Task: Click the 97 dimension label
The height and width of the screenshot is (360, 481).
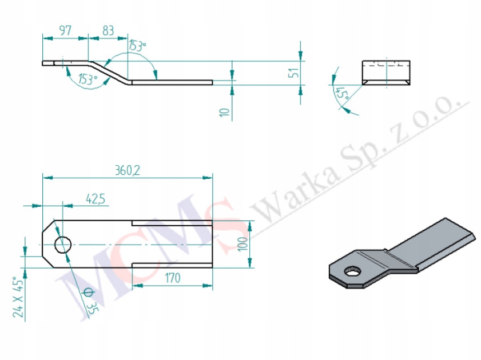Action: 65,30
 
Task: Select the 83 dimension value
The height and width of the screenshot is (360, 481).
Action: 108,30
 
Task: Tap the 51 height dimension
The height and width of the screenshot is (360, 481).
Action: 293,73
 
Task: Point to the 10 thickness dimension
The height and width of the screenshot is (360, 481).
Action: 225,112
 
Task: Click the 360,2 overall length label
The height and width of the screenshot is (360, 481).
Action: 128,170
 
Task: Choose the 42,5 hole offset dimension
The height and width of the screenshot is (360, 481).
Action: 96,199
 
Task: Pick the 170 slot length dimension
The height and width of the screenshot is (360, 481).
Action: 173,278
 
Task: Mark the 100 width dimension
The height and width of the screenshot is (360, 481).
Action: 243,243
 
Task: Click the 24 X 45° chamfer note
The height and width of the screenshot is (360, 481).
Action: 18,297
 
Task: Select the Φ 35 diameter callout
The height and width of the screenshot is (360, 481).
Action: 90,301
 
